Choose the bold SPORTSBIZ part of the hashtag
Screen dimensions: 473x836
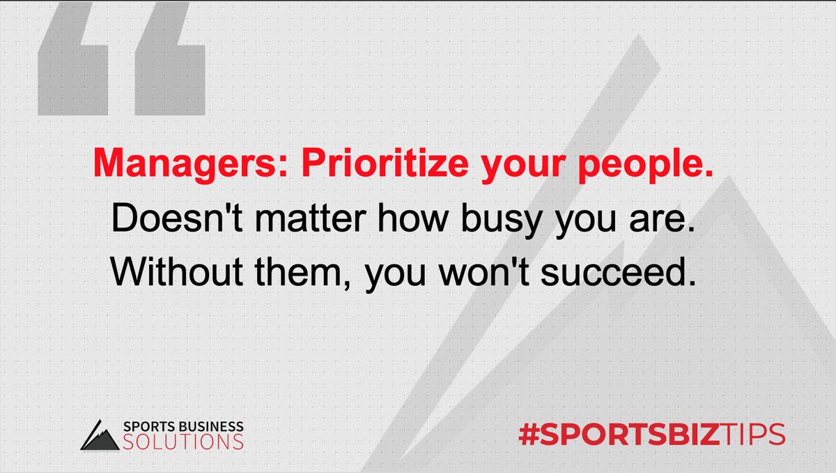tap(630, 433)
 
